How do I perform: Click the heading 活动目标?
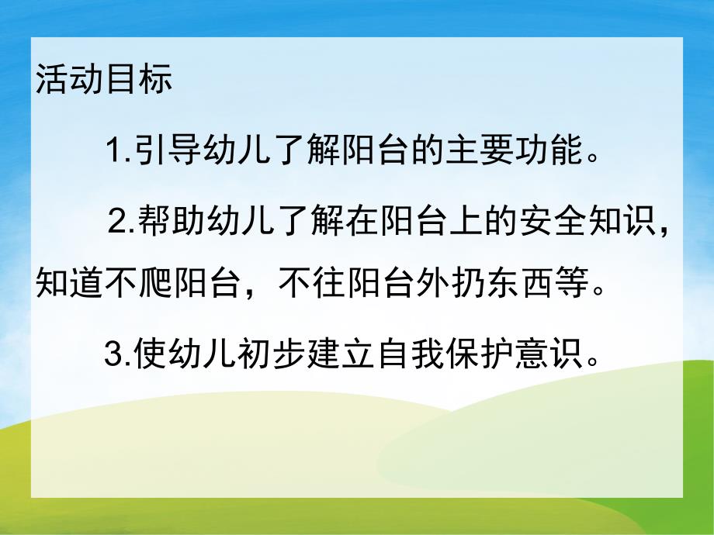103,81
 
